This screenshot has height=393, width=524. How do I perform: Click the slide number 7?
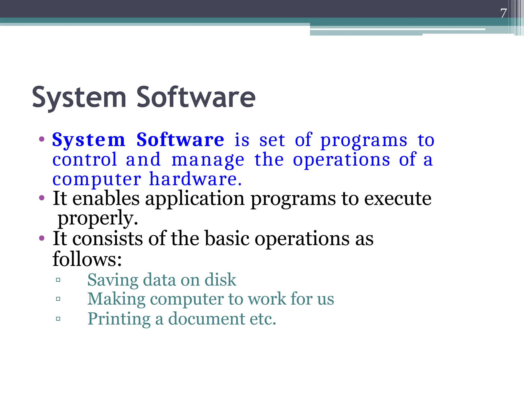(x=504, y=13)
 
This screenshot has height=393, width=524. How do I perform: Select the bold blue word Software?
(x=180, y=140)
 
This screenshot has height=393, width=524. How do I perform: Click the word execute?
(x=398, y=199)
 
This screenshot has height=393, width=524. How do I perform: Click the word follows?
(x=87, y=259)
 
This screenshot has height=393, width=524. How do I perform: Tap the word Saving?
(x=113, y=280)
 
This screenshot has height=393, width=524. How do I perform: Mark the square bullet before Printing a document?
(x=58, y=319)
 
